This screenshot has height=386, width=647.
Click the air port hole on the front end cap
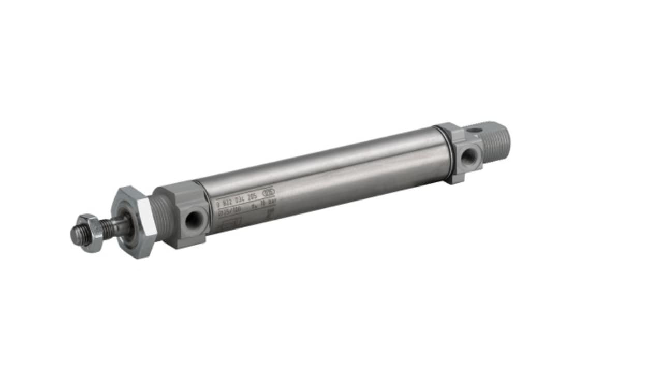(193, 220)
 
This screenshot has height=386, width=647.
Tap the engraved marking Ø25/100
(229, 212)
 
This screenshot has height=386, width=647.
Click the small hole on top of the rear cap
(475, 129)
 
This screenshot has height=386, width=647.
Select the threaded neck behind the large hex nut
(160, 218)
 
